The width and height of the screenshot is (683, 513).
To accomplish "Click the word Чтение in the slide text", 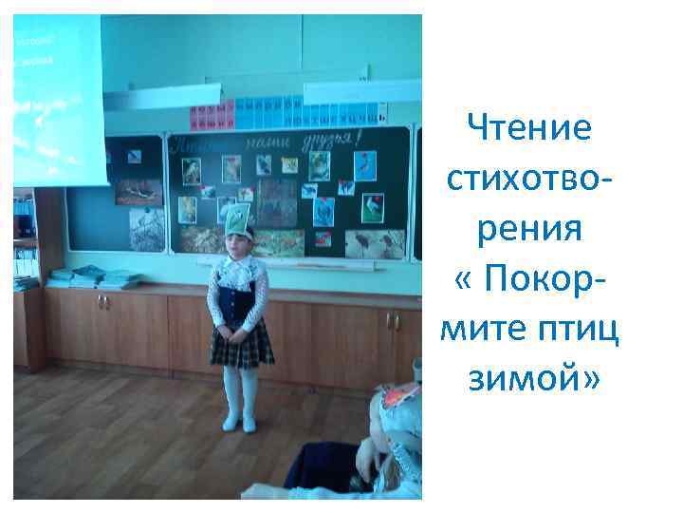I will point(531,126).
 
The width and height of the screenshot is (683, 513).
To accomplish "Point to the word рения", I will point(531,228).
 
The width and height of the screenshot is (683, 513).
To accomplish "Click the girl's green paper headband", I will point(235,218).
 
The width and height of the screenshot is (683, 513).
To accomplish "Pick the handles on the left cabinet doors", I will point(102,303).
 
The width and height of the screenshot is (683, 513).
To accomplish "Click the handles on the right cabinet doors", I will point(392,322).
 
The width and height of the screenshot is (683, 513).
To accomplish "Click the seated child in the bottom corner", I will point(389,446).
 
